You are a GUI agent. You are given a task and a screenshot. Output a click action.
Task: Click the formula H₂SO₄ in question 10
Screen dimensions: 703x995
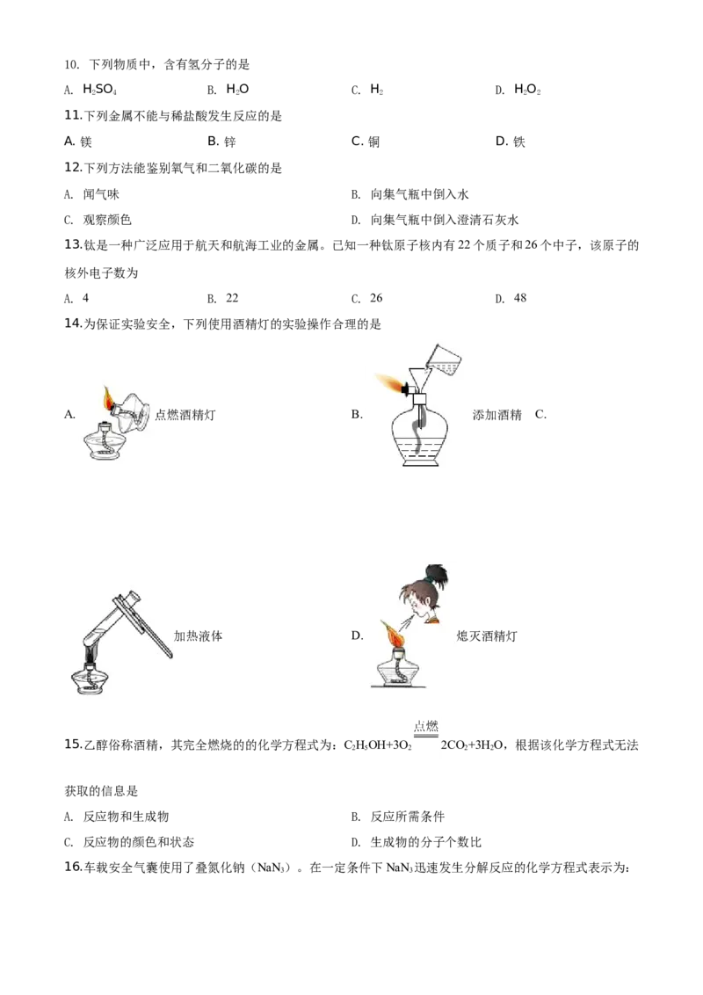coord(99,90)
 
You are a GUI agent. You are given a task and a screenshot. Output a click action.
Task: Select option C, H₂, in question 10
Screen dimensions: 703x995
coord(376,90)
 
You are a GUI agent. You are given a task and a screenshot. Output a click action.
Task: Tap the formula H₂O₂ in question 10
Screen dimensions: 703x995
coord(527,90)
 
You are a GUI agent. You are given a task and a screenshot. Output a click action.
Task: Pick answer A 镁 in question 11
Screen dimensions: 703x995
coord(78,142)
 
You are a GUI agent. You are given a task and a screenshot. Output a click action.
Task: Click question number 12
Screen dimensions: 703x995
coord(74,168)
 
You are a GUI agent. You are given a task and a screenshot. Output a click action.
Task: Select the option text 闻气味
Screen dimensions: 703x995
coord(101,194)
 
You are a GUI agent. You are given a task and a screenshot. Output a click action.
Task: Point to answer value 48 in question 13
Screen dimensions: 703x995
coord(519,298)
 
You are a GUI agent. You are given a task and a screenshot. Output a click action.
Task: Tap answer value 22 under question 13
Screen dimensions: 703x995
coord(232,298)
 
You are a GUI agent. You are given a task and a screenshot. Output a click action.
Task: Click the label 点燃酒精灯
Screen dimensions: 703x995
coord(185,415)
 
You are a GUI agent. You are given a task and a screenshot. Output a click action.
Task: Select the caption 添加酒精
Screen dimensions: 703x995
coord(496,415)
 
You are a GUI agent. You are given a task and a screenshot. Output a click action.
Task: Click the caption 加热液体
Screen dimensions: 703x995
coord(198,635)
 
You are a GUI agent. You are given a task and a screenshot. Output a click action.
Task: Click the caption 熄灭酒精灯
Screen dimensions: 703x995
coord(487,635)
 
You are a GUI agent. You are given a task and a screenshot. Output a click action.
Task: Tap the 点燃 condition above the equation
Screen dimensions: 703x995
coord(425,726)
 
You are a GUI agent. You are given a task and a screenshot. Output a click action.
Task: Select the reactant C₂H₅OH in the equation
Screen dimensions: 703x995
coord(365,745)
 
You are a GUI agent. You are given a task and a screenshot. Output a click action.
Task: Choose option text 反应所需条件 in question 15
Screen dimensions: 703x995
coord(408,817)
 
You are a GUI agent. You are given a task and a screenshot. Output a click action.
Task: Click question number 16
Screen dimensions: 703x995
coord(74,867)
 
